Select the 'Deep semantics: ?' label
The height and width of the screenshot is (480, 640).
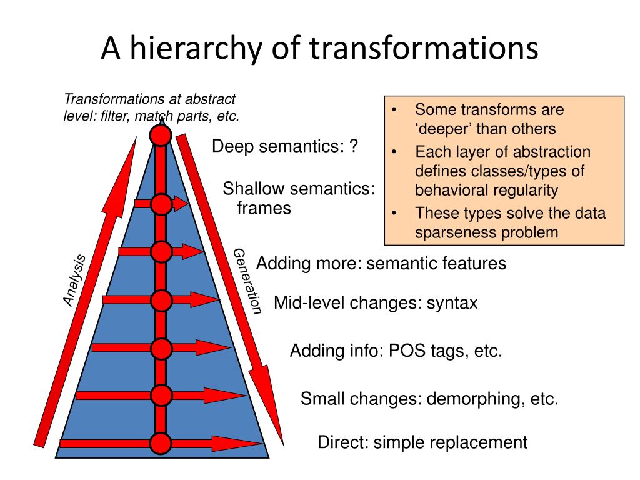[285, 147]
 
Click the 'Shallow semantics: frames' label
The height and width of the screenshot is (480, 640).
[299, 197]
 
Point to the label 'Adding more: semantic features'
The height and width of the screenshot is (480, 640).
[381, 264]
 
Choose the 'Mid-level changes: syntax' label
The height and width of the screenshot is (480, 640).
[376, 304]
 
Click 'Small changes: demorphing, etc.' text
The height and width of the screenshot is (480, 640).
[429, 399]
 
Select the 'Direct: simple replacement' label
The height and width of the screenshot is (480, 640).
[422, 443]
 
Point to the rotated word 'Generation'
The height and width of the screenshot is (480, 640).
[247, 281]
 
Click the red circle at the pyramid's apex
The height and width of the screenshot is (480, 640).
[161, 135]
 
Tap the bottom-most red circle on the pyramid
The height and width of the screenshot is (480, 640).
[161, 444]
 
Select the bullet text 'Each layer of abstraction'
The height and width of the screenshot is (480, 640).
[502, 152]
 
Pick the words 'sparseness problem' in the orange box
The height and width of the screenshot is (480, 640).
[486, 232]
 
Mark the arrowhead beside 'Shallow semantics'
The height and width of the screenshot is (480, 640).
[181, 204]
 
